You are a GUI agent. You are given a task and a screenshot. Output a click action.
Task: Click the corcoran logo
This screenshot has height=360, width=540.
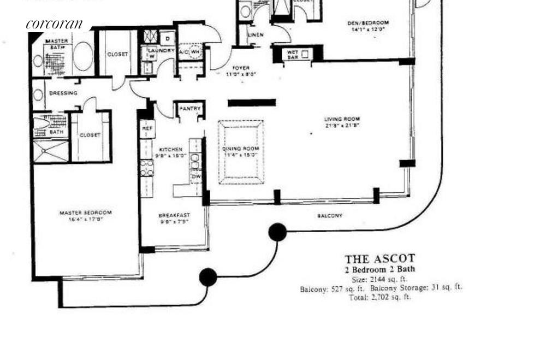point(54,24)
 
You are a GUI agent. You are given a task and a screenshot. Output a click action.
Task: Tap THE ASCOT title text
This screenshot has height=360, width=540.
point(379,258)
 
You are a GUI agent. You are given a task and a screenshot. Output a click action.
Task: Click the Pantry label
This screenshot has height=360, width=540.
point(190,109)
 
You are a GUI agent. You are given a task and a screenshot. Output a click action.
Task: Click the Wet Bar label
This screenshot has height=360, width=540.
point(289,54)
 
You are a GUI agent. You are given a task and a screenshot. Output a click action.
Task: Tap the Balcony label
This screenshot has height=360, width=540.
point(330,216)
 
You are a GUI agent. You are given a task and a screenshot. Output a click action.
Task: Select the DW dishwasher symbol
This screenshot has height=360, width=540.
point(195,176)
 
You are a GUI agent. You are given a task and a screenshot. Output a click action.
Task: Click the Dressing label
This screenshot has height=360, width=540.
point(63,93)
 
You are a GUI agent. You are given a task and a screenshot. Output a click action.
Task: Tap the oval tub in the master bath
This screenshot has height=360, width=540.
point(82,57)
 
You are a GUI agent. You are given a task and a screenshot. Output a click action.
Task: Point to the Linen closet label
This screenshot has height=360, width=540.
point(256,35)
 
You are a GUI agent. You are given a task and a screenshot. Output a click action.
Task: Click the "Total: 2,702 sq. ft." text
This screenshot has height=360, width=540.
point(379,297)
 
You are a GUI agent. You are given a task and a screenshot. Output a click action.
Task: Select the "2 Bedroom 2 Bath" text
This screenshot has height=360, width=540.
point(379,269)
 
